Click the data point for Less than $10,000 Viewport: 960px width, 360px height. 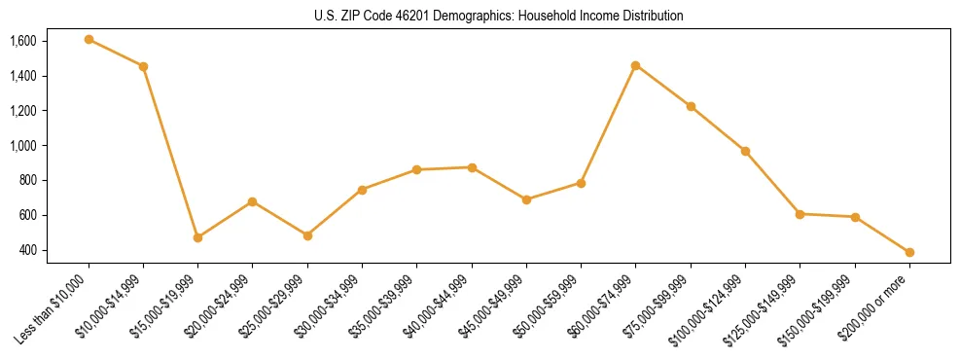pyautogui.click(x=89, y=40)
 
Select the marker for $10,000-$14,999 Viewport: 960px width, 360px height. pyautogui.click(x=143, y=66)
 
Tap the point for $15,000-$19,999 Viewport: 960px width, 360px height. pyautogui.click(x=197, y=237)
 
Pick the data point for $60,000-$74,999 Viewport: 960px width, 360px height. pyautogui.click(x=635, y=65)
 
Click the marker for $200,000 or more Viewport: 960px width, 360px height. pyautogui.click(x=909, y=252)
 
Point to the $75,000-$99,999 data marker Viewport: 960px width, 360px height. pyautogui.click(x=691, y=106)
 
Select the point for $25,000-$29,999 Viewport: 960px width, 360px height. pyautogui.click(x=307, y=235)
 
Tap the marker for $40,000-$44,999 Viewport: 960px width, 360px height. pyautogui.click(x=472, y=167)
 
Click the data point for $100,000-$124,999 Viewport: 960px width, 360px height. pyautogui.click(x=745, y=151)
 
